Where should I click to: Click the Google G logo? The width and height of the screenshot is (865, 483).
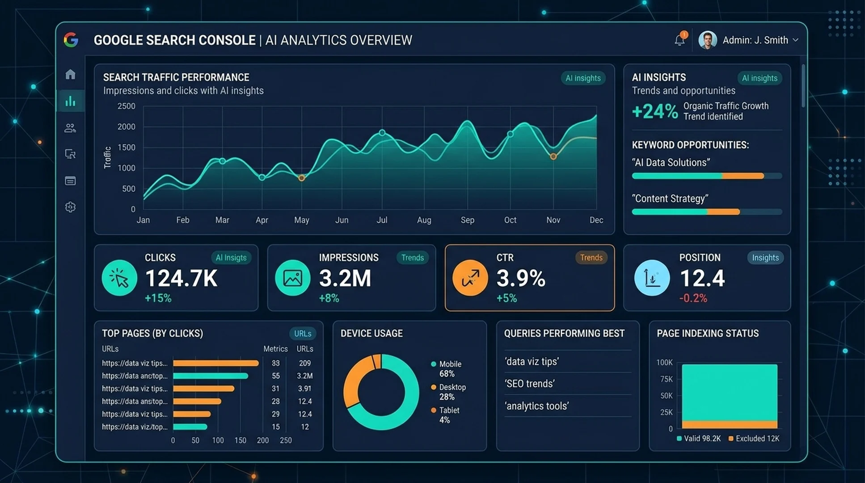coord(71,40)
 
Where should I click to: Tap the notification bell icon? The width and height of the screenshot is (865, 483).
coord(679,40)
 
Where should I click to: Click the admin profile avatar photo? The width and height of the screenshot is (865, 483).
coord(708,40)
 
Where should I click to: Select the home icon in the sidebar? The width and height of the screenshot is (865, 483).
coord(70,74)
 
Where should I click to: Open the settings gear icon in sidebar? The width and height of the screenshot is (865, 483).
coord(70,207)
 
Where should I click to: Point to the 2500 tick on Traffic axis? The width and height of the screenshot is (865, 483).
coord(126,106)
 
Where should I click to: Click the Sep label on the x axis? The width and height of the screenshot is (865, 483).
coord(468,220)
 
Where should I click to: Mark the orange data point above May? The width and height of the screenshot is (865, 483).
coord(302,178)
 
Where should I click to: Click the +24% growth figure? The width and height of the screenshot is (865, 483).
coord(655,111)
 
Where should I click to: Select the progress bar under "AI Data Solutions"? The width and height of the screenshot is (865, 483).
coord(707,176)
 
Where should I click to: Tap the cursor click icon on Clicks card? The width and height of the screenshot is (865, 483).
coord(119,278)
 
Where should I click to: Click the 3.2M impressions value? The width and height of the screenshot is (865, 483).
coord(345,278)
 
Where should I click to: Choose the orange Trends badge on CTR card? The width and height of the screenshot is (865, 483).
coord(591,258)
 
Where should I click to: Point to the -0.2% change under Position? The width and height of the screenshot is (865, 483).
coord(693,298)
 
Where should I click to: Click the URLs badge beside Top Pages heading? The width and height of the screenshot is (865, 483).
coord(303,334)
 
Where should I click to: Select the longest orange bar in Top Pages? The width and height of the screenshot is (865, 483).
coord(216,363)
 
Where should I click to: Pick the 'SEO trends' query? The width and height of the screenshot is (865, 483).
coord(530,384)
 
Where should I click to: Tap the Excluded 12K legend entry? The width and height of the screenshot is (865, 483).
coord(754,439)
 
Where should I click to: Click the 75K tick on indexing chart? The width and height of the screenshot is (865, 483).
coord(667,379)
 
